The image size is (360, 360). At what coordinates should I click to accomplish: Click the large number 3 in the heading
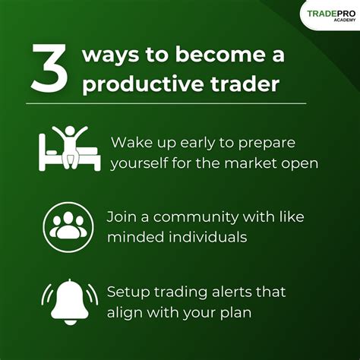(x=49, y=68)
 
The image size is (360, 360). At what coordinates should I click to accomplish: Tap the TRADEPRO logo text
(x=331, y=14)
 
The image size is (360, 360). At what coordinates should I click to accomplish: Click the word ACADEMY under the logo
(x=345, y=20)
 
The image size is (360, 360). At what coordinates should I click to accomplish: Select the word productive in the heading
(x=143, y=84)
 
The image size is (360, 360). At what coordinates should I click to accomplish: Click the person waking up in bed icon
(x=69, y=148)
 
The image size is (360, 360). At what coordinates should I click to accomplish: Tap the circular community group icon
(x=68, y=227)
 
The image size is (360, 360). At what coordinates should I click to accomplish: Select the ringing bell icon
(x=70, y=302)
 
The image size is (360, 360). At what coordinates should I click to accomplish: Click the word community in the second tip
(x=196, y=218)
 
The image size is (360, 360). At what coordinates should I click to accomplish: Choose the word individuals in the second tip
(x=208, y=237)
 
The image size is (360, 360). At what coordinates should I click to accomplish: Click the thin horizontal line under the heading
(x=166, y=103)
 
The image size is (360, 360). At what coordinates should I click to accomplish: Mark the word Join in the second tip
(x=122, y=217)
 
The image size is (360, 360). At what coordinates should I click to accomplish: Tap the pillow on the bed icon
(x=52, y=153)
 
